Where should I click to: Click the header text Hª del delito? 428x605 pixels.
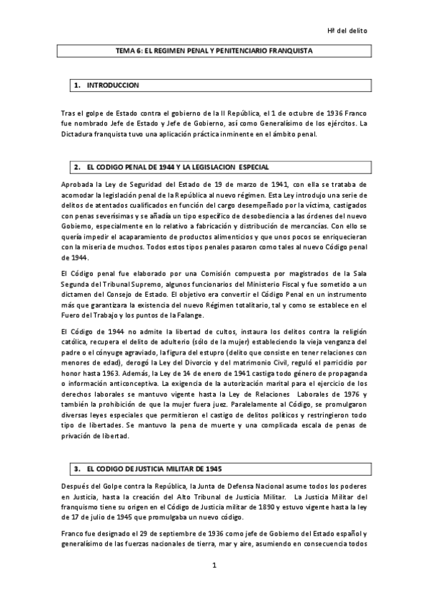click(x=348, y=31)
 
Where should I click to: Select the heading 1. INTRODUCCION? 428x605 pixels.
click(x=108, y=86)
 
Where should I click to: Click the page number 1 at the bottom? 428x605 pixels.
click(x=214, y=566)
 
